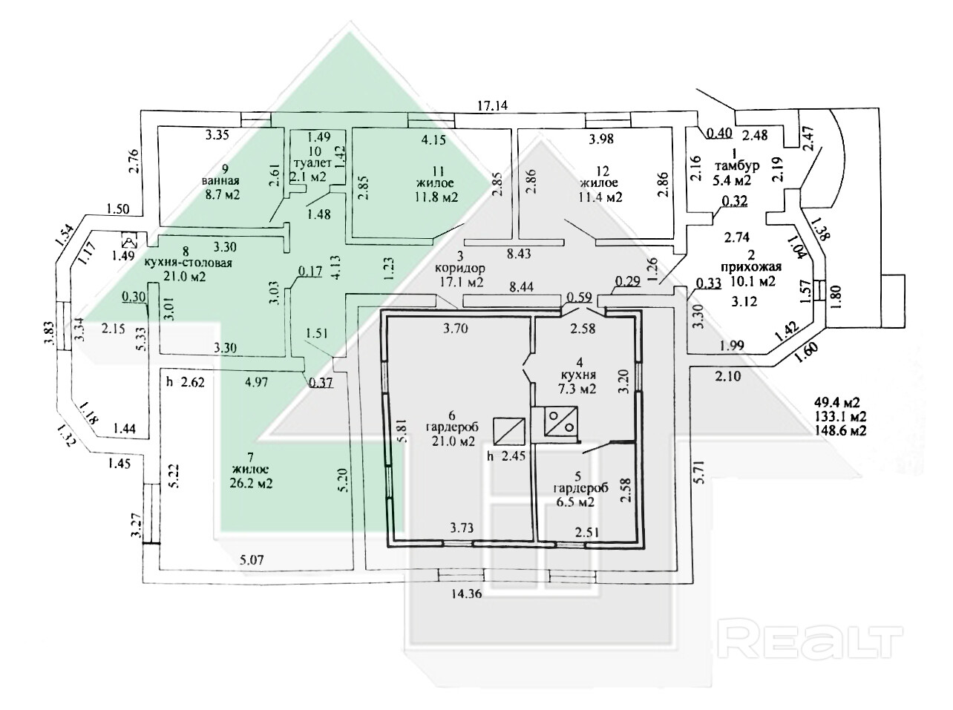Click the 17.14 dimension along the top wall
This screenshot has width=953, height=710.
[492, 105]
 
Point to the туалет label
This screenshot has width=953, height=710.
[312, 163]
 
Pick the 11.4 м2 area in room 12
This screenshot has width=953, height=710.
[600, 197]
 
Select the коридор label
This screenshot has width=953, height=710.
[459, 269]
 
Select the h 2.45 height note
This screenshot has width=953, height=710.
[506, 456]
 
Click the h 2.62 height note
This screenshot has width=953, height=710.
[186, 382]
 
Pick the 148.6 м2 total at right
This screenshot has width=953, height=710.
[840, 430]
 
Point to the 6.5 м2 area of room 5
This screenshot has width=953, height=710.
[574, 502]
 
